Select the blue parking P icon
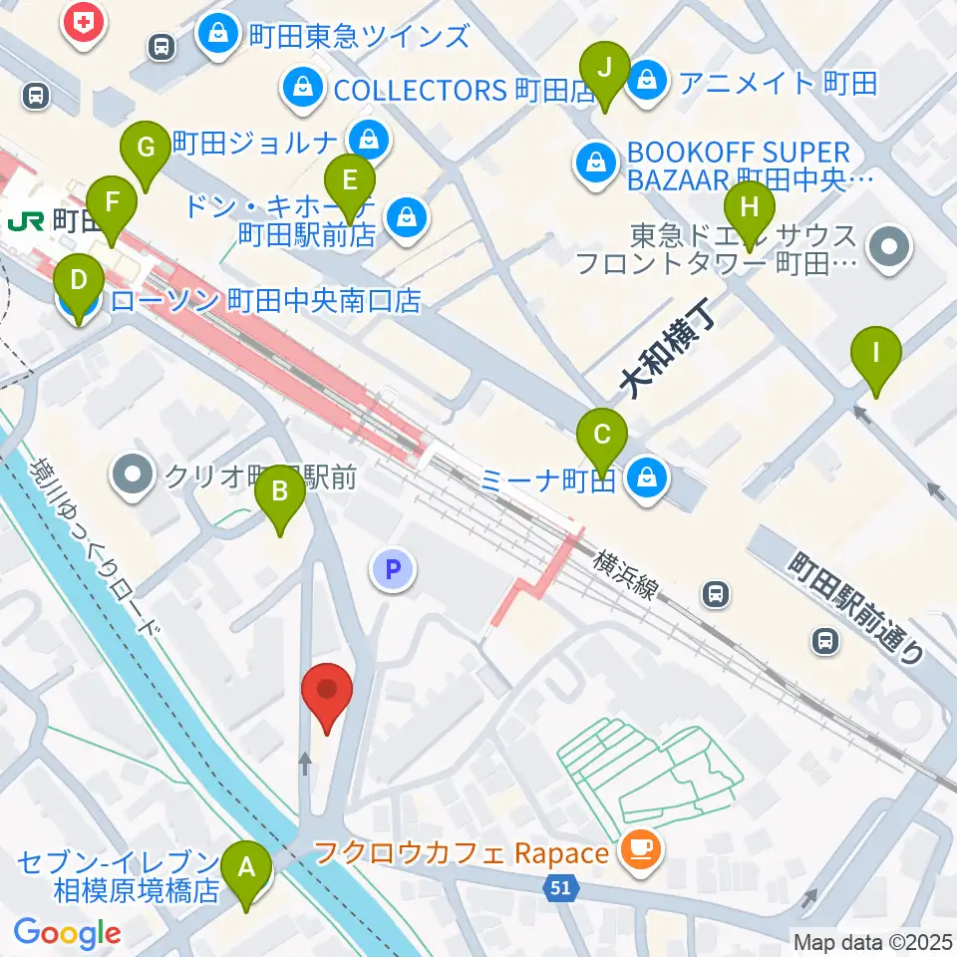pos(392,570)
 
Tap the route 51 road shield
pos(560,885)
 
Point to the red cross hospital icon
pos(84,21)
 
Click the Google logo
pos(68,933)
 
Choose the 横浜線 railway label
pos(627,575)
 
